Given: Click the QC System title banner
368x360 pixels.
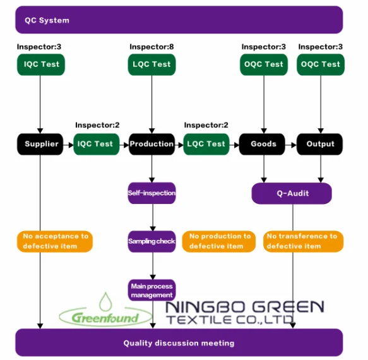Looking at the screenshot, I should pos(179,20).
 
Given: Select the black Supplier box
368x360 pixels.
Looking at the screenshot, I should pos(41,144).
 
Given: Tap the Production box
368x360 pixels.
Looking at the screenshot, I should pos(151,144).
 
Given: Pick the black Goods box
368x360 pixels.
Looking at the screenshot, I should pos(263,144).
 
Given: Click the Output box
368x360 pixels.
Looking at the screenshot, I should pos(320,144).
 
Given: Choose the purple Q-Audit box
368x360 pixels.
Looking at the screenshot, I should pos(292,193).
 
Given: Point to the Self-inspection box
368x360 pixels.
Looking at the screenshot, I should pos(151,193).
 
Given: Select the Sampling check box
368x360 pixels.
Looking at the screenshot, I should pos(151,241).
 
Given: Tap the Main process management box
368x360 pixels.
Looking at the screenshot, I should pos(151,291).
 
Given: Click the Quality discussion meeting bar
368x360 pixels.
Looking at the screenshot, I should pos(179,343).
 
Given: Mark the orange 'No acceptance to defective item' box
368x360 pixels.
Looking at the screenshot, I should pos(55,241).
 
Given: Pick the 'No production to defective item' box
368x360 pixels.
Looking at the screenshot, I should pos(217,241).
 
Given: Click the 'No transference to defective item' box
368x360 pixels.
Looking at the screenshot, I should pos(302,241).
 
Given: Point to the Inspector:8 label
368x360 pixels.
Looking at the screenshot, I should pos(151,47).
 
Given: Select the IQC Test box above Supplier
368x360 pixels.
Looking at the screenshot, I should pos(41,64).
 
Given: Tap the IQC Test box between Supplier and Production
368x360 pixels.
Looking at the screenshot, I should pos(96,144).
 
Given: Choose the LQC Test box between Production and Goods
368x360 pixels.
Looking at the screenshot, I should pos(206,144).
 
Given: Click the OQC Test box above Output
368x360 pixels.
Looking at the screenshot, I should pos(320,64).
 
